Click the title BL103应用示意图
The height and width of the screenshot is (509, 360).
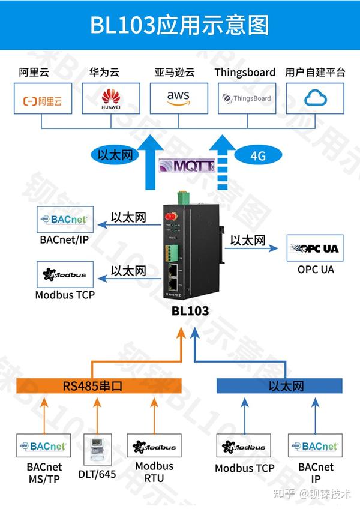click(179, 25)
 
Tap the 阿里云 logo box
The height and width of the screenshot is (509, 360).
click(42, 98)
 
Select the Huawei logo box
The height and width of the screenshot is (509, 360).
click(110, 98)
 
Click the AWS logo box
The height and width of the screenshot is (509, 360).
click(178, 98)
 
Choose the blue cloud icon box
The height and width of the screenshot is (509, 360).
click(315, 98)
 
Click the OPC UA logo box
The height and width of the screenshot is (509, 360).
click(315, 248)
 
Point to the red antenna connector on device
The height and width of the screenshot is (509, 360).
click(170, 217)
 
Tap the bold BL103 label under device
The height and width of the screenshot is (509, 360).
click(190, 310)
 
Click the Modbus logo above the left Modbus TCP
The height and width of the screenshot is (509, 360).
click(64, 275)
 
